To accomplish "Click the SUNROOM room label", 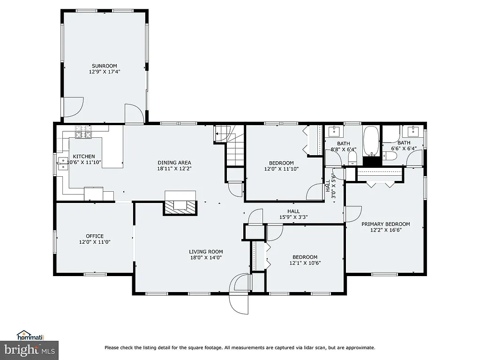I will tap(104, 66).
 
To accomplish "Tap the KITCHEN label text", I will tap(84, 157).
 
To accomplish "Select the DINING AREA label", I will tap(173, 162).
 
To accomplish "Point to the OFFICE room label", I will tap(95, 236).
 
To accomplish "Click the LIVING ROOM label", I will tap(206, 252).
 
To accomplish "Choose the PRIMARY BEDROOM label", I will tap(385, 224).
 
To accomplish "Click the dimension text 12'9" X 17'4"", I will tap(104, 72).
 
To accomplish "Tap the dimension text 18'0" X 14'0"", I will tap(206, 257).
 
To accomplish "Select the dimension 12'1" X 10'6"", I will tap(305, 263).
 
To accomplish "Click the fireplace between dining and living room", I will tap(180, 205).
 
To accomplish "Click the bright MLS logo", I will tap(29, 350).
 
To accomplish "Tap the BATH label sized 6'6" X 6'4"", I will tap(404, 143).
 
